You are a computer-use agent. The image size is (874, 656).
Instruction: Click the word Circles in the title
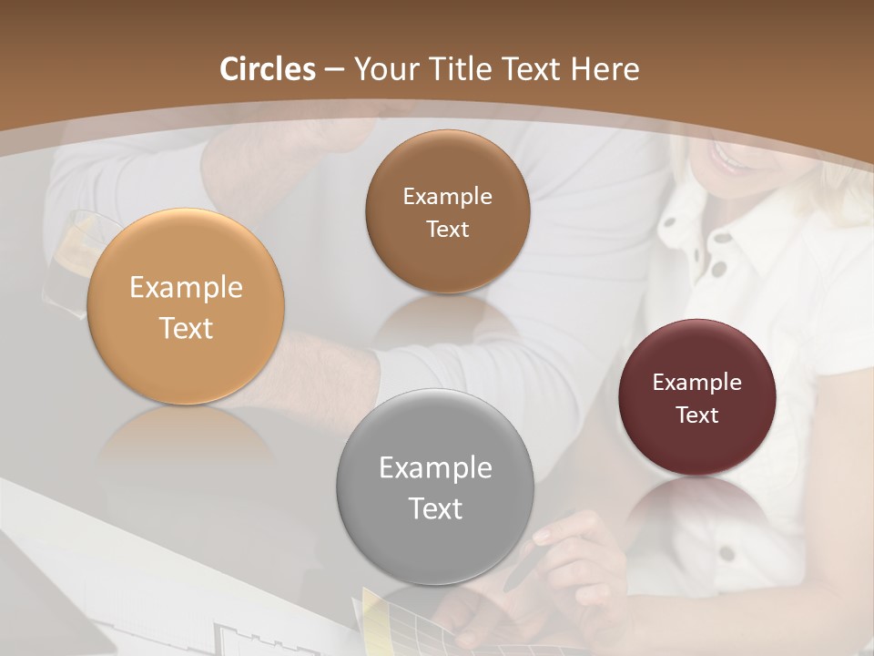click(x=268, y=69)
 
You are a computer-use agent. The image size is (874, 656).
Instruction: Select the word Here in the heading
click(x=604, y=69)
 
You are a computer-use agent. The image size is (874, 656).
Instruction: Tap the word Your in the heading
click(x=382, y=69)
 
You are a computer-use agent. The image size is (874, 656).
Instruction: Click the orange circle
click(x=186, y=306)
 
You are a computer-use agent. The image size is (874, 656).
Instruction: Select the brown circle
click(x=447, y=211)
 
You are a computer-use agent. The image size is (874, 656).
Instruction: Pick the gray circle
click(x=435, y=487)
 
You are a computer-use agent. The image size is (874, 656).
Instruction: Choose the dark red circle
click(x=697, y=397)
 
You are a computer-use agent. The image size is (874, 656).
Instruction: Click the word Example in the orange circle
click(x=186, y=288)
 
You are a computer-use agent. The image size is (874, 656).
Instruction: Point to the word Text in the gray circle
click(x=435, y=508)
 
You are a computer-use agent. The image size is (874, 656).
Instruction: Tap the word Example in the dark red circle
click(x=697, y=383)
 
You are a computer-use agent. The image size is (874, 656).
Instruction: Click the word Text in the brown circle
click(x=447, y=230)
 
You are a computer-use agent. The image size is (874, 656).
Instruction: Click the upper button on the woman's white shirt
click(x=722, y=239)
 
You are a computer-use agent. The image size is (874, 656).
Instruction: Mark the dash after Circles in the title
click(x=333, y=69)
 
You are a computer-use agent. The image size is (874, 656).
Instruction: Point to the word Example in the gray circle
click(x=435, y=468)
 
